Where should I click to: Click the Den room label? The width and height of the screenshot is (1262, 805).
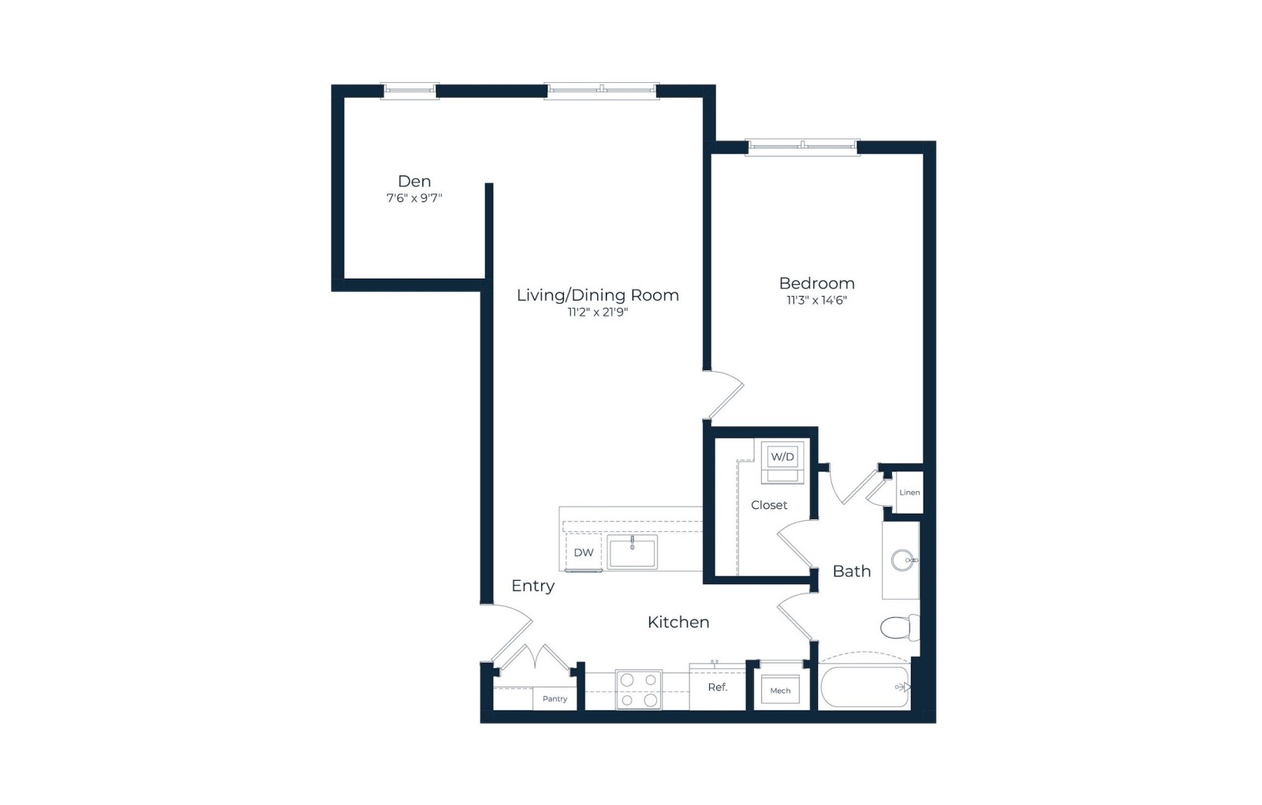pyautogui.click(x=414, y=182)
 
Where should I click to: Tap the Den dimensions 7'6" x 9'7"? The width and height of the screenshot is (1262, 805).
pyautogui.click(x=414, y=198)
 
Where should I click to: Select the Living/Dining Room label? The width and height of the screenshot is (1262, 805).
pyautogui.click(x=598, y=295)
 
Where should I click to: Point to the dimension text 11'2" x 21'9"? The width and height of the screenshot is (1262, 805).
pyautogui.click(x=598, y=313)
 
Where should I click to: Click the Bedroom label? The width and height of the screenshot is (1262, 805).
pyautogui.click(x=817, y=283)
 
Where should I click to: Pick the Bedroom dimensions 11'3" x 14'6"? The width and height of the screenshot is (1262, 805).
pyautogui.click(x=817, y=301)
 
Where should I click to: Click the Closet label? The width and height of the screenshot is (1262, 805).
pyautogui.click(x=769, y=505)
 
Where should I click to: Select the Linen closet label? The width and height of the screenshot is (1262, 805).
pyautogui.click(x=909, y=492)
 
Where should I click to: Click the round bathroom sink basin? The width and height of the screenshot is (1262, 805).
pyautogui.click(x=902, y=560)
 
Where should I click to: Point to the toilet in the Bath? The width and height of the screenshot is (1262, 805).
pyautogui.click(x=900, y=627)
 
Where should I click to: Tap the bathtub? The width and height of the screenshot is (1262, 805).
pyautogui.click(x=865, y=687)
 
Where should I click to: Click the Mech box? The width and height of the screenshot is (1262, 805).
pyautogui.click(x=780, y=690)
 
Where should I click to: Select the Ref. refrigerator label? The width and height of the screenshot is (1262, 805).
pyautogui.click(x=718, y=687)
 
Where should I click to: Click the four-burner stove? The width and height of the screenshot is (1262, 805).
pyautogui.click(x=639, y=690)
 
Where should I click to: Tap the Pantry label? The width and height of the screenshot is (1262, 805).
pyautogui.click(x=555, y=699)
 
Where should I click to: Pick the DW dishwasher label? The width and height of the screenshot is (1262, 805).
pyautogui.click(x=584, y=552)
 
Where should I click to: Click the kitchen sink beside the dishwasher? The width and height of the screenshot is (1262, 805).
pyautogui.click(x=632, y=552)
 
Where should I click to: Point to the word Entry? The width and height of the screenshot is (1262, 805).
pyautogui.click(x=533, y=587)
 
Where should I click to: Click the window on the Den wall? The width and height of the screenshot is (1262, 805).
pyautogui.click(x=409, y=90)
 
